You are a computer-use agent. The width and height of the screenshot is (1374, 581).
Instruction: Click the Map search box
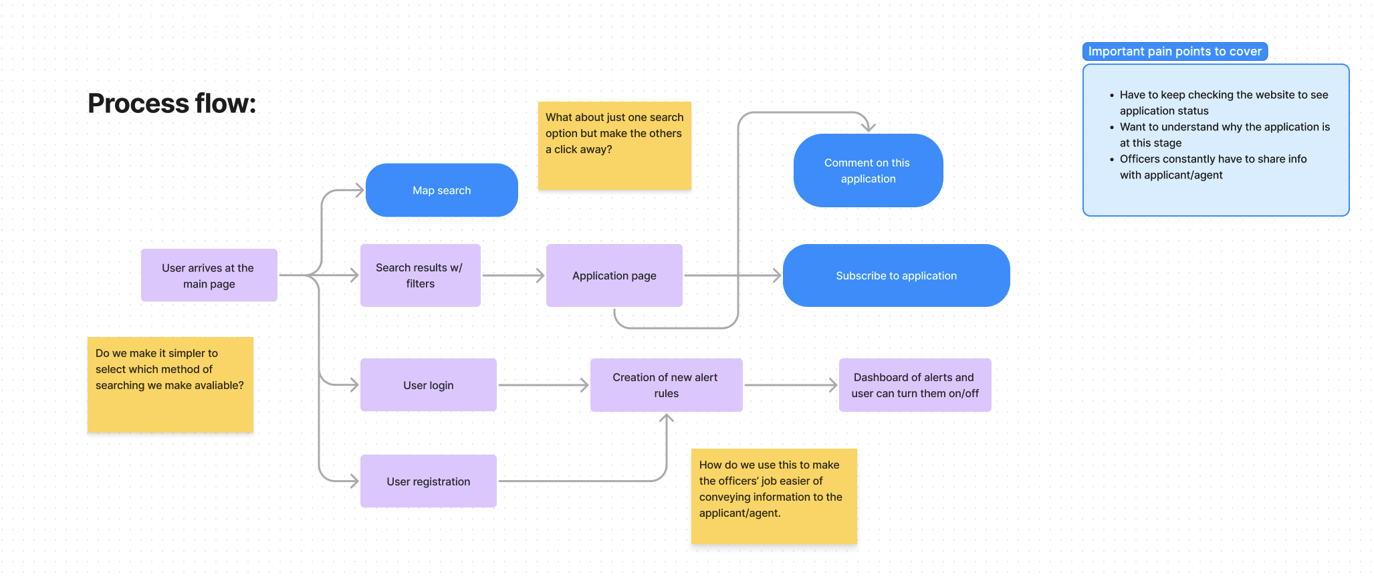[x=441, y=191]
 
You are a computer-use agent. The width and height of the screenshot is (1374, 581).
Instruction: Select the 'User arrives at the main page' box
[x=209, y=275]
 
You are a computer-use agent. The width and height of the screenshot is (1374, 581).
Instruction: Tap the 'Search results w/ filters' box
[x=420, y=275]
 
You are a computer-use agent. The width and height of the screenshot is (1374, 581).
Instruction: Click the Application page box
[x=614, y=275]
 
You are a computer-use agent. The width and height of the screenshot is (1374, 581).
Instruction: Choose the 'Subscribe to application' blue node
[x=896, y=275]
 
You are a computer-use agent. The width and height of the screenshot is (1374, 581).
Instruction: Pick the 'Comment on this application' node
[x=868, y=170]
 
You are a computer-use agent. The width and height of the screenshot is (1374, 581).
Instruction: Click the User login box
[x=428, y=385]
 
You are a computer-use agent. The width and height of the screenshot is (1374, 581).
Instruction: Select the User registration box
[x=428, y=481]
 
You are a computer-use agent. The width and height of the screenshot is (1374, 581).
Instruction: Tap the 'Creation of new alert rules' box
[x=666, y=385]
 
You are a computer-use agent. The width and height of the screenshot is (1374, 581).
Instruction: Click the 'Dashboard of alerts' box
[x=915, y=385]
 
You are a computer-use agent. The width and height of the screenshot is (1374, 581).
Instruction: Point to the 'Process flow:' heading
[x=172, y=104]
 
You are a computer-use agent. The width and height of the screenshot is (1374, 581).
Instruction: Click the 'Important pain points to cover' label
[x=1175, y=51]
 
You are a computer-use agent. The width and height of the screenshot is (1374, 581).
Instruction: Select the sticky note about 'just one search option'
[x=614, y=146]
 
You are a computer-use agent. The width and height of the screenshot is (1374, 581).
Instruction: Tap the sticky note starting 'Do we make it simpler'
[x=170, y=385]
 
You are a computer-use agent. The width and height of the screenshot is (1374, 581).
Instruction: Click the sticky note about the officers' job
[x=774, y=496]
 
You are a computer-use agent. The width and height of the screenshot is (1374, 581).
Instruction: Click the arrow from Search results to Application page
[x=513, y=275]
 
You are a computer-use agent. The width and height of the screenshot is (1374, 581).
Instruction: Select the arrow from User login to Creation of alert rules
[x=543, y=385]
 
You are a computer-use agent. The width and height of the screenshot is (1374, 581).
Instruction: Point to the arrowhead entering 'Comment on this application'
[x=868, y=126]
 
